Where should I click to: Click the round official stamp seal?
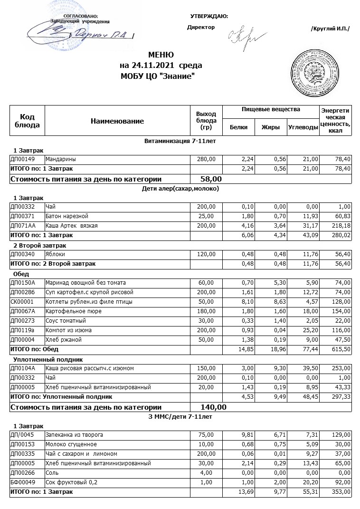click(317, 71)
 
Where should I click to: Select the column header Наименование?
click(117, 121)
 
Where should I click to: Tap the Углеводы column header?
click(303, 127)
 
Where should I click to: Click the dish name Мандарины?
click(60, 159)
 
